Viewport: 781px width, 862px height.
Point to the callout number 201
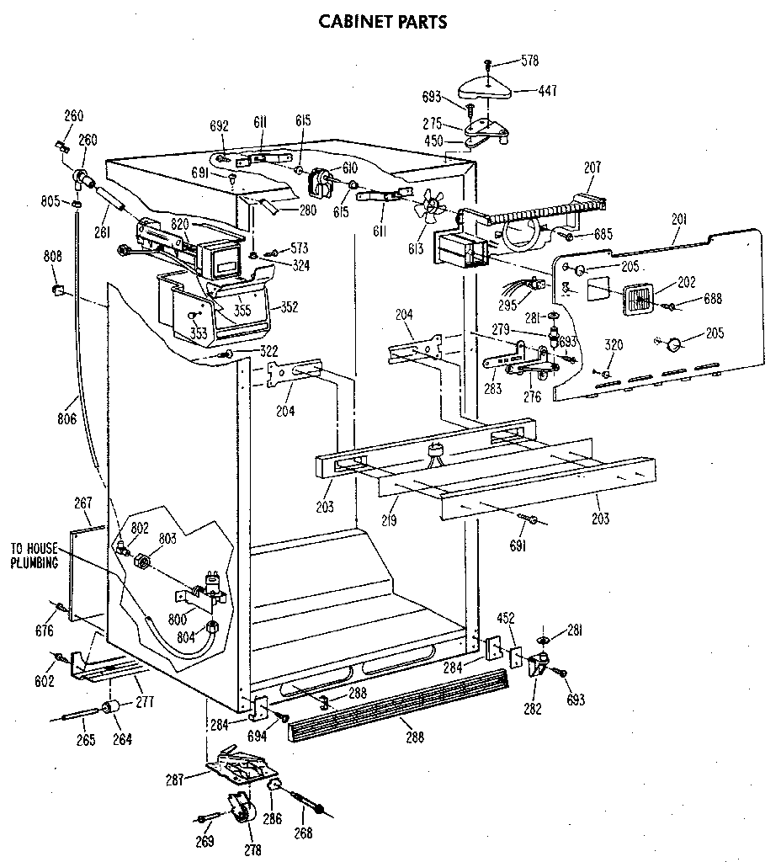pos(679,220)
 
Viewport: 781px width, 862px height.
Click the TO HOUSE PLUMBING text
pos(34,556)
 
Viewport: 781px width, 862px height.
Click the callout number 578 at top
pos(529,61)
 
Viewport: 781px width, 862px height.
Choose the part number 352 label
pos(290,307)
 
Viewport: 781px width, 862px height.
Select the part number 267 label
pos(82,503)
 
